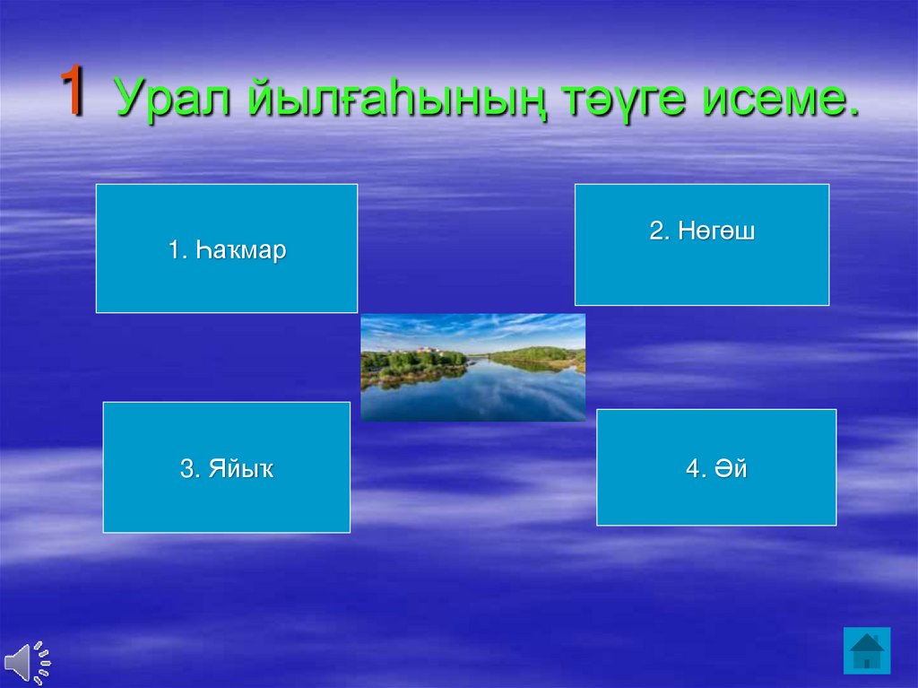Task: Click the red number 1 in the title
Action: pyautogui.click(x=74, y=90)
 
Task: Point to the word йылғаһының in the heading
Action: pyautogui.click(x=397, y=97)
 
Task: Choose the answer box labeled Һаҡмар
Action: pyautogui.click(x=227, y=248)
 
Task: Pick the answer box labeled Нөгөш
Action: pyautogui.click(x=702, y=244)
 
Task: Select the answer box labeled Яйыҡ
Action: pyautogui.click(x=227, y=467)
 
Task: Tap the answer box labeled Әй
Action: pyautogui.click(x=716, y=467)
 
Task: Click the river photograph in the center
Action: pyautogui.click(x=473, y=368)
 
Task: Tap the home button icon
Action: pyautogui.click(x=867, y=651)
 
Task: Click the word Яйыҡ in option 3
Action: pyautogui.click(x=240, y=469)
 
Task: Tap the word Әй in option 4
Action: pyautogui.click(x=731, y=469)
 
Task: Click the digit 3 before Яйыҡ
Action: pyautogui.click(x=186, y=469)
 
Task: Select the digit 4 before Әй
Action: pyautogui.click(x=693, y=469)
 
